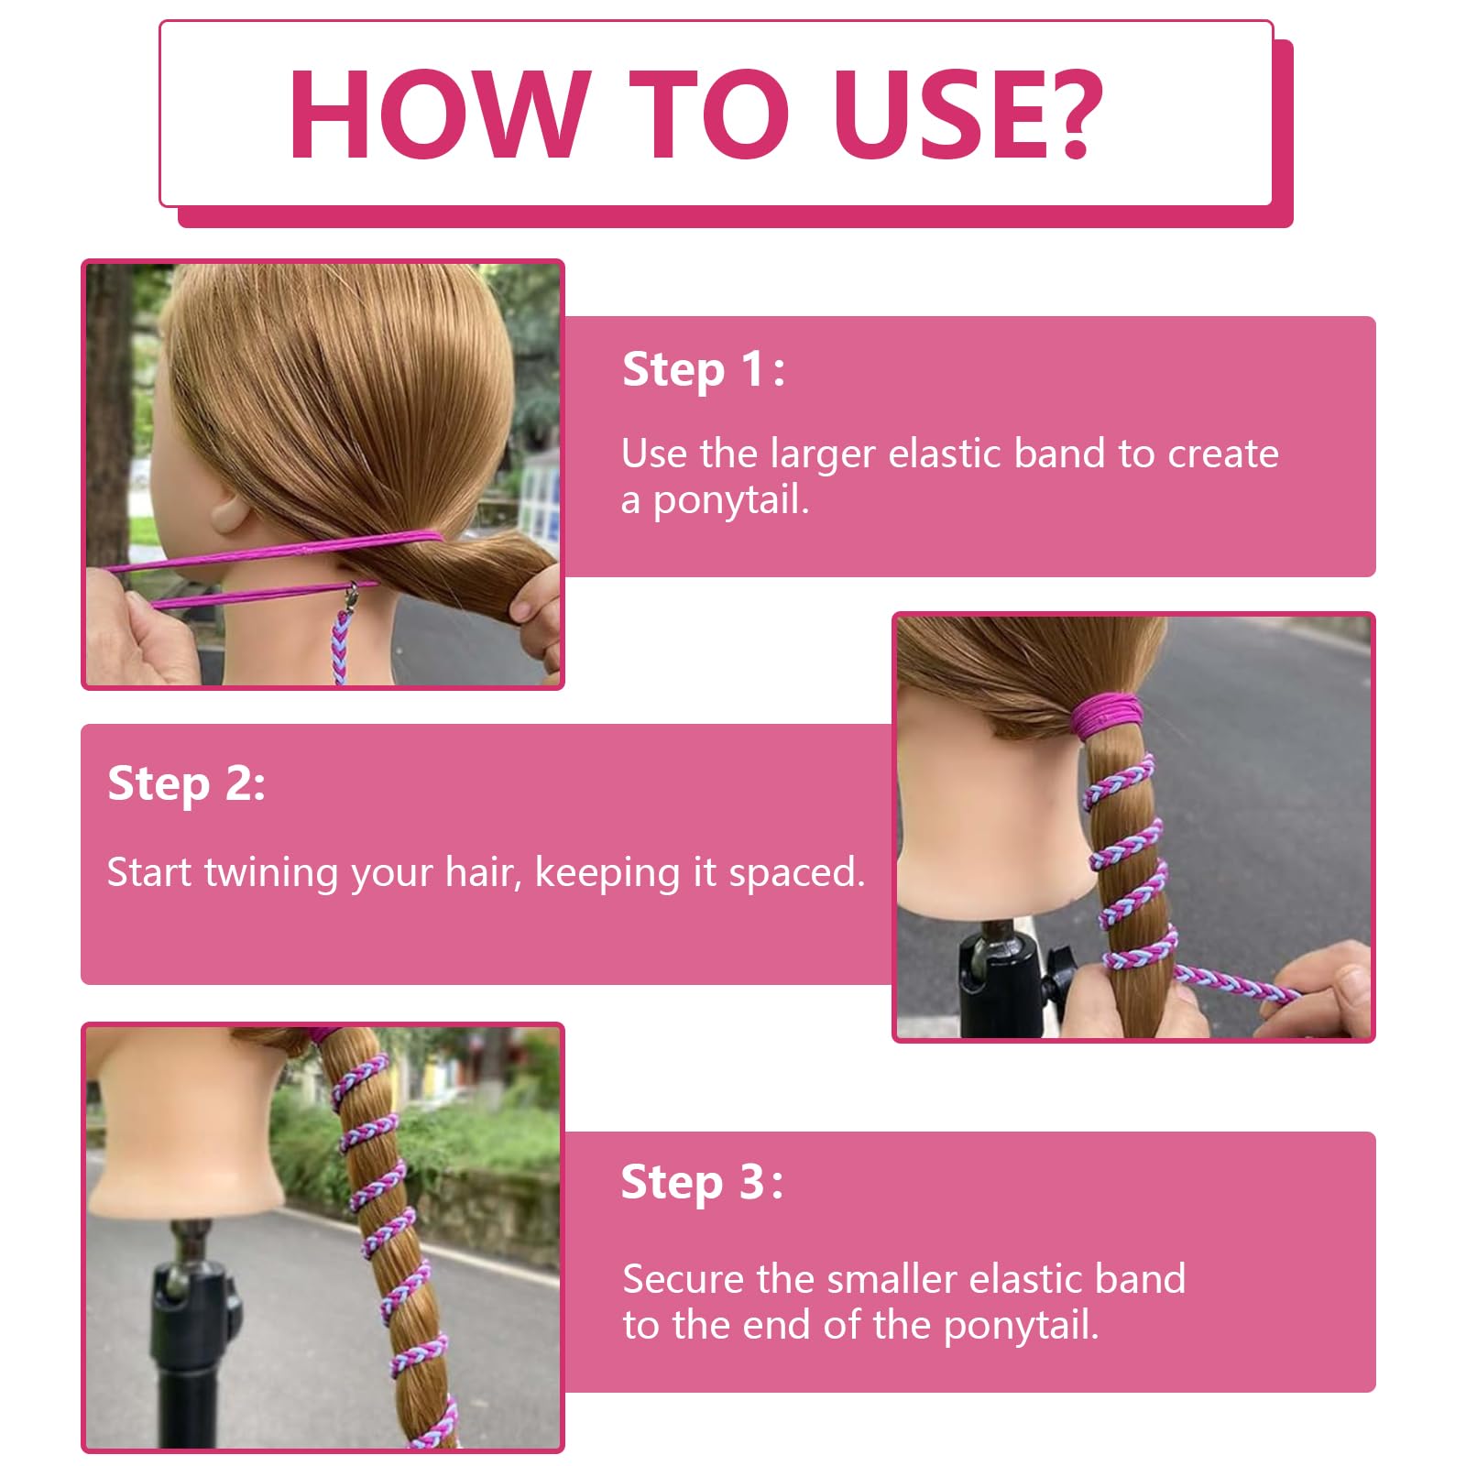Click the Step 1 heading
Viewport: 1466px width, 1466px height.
703,369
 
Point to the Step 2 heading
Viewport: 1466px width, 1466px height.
187,783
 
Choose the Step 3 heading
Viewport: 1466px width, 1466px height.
702,1182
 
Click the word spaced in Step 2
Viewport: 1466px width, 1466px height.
795,873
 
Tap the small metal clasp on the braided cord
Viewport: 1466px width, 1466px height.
349,596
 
